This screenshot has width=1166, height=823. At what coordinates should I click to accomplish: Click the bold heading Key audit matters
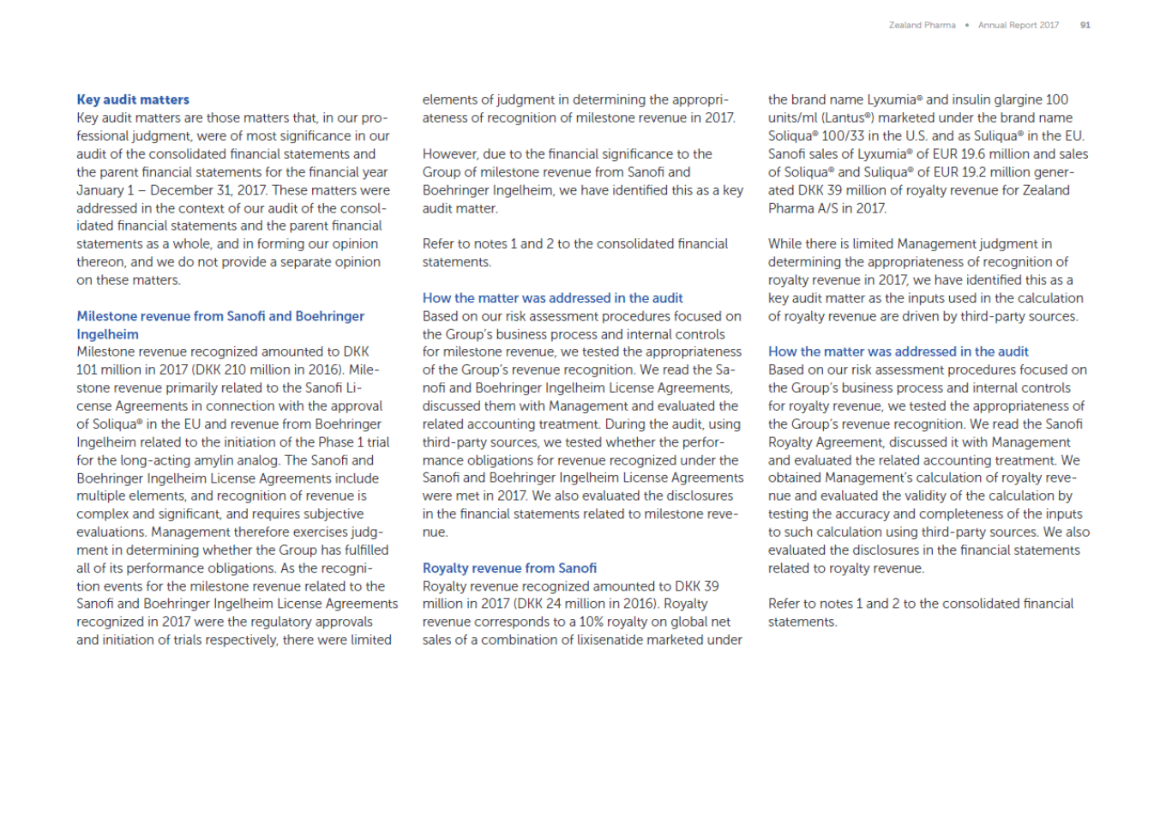133,99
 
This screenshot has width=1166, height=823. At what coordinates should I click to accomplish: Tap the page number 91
1085,25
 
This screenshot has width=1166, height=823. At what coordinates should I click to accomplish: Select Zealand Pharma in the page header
922,25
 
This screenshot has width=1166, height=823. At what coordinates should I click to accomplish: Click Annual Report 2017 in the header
1019,25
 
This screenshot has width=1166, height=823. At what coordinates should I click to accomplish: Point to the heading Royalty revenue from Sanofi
509,568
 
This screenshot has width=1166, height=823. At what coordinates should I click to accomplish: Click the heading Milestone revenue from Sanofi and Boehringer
220,316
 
